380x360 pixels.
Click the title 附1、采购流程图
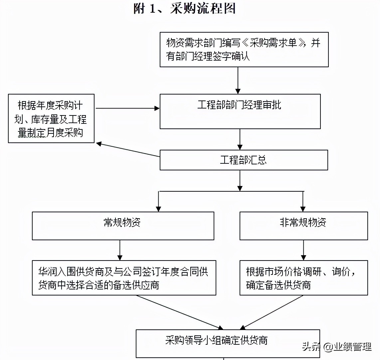click(184, 9)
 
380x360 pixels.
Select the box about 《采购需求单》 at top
click(244, 50)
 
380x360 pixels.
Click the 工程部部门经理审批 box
click(240, 111)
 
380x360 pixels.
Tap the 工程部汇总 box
click(244, 160)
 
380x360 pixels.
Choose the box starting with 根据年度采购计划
click(51, 118)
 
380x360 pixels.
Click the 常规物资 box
click(123, 226)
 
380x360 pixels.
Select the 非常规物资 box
click(303, 226)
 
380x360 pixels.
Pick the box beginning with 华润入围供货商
click(124, 277)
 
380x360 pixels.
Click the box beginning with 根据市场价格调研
click(303, 277)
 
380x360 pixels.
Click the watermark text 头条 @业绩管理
click(336, 347)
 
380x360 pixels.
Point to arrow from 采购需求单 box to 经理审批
click(238, 80)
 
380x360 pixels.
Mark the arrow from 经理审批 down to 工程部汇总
click(240, 139)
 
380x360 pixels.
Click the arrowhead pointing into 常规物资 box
click(159, 208)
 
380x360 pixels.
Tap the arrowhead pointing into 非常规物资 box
click(303, 208)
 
